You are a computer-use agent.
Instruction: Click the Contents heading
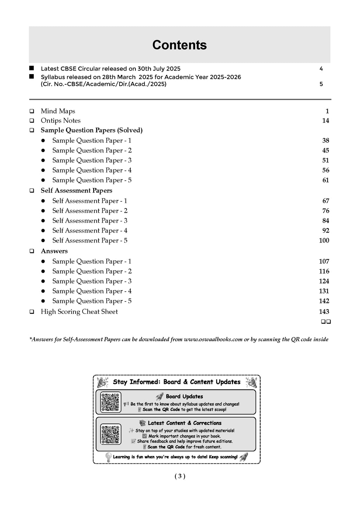(179, 45)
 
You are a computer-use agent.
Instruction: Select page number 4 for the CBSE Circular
(321, 69)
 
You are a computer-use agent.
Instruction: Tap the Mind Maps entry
(58, 111)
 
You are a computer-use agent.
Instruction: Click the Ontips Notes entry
(60, 121)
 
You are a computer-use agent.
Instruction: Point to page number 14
(326, 121)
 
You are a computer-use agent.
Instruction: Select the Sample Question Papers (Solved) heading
(91, 130)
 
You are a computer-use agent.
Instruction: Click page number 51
(326, 160)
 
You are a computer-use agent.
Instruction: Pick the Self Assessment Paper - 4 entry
(90, 231)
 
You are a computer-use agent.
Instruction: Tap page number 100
(324, 240)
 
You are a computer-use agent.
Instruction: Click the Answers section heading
(54, 251)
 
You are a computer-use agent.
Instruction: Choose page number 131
(324, 291)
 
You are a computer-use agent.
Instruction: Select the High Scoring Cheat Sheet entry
(79, 311)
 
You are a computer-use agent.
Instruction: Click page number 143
(324, 311)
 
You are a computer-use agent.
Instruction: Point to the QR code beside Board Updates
(110, 402)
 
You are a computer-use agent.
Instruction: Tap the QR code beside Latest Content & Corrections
(110, 434)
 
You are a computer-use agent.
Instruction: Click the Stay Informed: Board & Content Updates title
(176, 382)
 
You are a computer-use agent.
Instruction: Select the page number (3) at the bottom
(180, 476)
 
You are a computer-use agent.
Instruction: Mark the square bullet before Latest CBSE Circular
(32, 68)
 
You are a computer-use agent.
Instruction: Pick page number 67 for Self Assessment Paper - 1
(326, 201)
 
